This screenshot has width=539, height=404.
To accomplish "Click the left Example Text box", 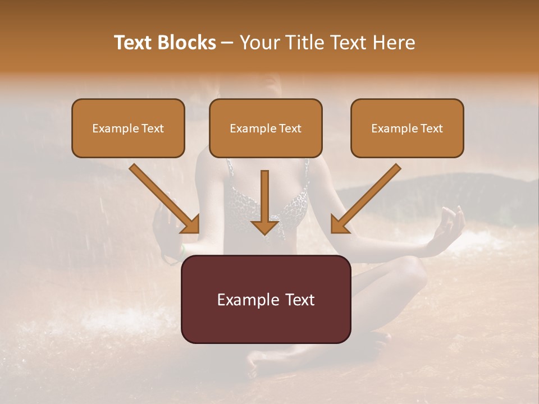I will click(x=128, y=128).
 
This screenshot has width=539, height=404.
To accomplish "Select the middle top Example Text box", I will click(x=266, y=128).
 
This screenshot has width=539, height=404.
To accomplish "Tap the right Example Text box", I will click(x=407, y=128).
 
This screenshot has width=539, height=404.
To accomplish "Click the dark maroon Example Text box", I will click(x=266, y=299).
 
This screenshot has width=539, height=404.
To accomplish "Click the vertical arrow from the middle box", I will click(x=265, y=196).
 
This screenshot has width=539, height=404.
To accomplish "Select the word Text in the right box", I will click(x=431, y=128).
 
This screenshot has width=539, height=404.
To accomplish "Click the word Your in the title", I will click(x=259, y=43).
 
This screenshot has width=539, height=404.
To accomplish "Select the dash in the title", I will click(x=227, y=43).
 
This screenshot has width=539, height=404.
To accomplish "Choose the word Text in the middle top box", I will click(x=290, y=128).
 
